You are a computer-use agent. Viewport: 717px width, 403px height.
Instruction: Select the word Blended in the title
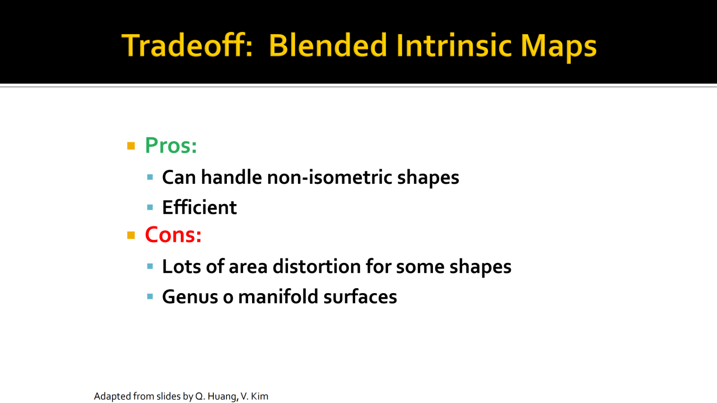tap(328, 45)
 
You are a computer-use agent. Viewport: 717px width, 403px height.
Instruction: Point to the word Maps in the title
tap(558, 47)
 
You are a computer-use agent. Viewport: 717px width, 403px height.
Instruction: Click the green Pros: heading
tap(171, 145)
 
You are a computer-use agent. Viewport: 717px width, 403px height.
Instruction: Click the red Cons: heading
tap(173, 235)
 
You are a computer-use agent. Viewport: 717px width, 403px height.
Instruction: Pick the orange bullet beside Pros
tap(131, 146)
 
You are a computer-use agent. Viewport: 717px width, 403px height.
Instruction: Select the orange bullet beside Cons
tap(131, 235)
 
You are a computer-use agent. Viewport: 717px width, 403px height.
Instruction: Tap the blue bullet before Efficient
tap(150, 207)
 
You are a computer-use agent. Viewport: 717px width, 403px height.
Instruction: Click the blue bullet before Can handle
tap(150, 177)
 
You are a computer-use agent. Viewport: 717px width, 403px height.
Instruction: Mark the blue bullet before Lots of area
tap(150, 266)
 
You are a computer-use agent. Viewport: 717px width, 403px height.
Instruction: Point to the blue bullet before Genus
tap(150, 297)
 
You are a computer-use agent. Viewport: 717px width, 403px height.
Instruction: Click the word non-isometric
tap(329, 177)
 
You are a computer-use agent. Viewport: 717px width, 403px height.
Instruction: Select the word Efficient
tap(199, 207)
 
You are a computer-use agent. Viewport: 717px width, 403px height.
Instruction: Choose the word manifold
tap(278, 297)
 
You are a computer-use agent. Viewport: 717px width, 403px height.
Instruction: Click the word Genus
tap(190, 297)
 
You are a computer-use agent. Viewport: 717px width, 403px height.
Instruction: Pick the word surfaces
tap(360, 297)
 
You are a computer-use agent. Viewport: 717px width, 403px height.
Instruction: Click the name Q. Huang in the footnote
tap(216, 396)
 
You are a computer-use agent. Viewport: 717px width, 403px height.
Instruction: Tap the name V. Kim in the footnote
tap(254, 396)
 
